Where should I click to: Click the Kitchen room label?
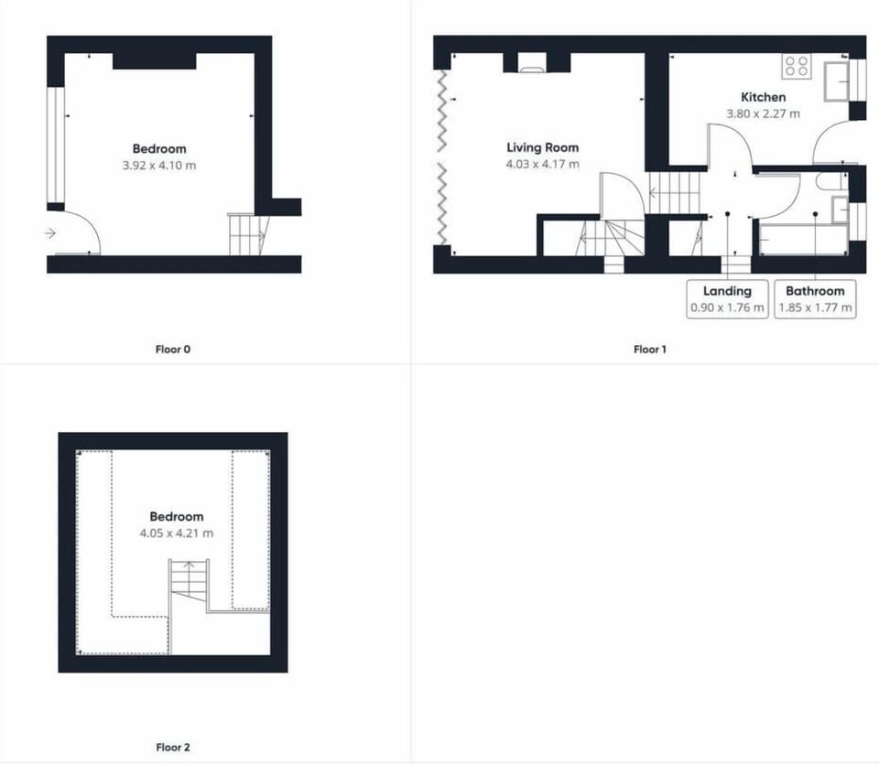[x=763, y=97]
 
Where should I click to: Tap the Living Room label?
[x=543, y=147]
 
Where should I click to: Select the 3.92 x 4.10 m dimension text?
[x=159, y=166]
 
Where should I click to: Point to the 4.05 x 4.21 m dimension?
[x=177, y=533]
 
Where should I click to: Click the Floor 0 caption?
[x=173, y=350]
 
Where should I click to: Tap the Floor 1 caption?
[x=650, y=350]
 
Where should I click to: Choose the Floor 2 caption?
[x=173, y=747]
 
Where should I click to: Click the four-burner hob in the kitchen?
[x=797, y=66]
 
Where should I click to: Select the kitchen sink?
[x=836, y=81]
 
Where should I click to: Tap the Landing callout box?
[x=727, y=299]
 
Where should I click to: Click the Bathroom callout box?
[x=815, y=299]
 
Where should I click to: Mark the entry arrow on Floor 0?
[x=49, y=232]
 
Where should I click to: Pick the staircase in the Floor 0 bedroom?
[x=248, y=233]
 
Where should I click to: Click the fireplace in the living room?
[x=531, y=63]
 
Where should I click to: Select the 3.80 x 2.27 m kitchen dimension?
[x=763, y=113]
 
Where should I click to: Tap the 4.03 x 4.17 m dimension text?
[x=543, y=164]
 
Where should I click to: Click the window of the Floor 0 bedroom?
[x=56, y=145]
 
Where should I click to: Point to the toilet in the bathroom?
[x=830, y=181]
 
